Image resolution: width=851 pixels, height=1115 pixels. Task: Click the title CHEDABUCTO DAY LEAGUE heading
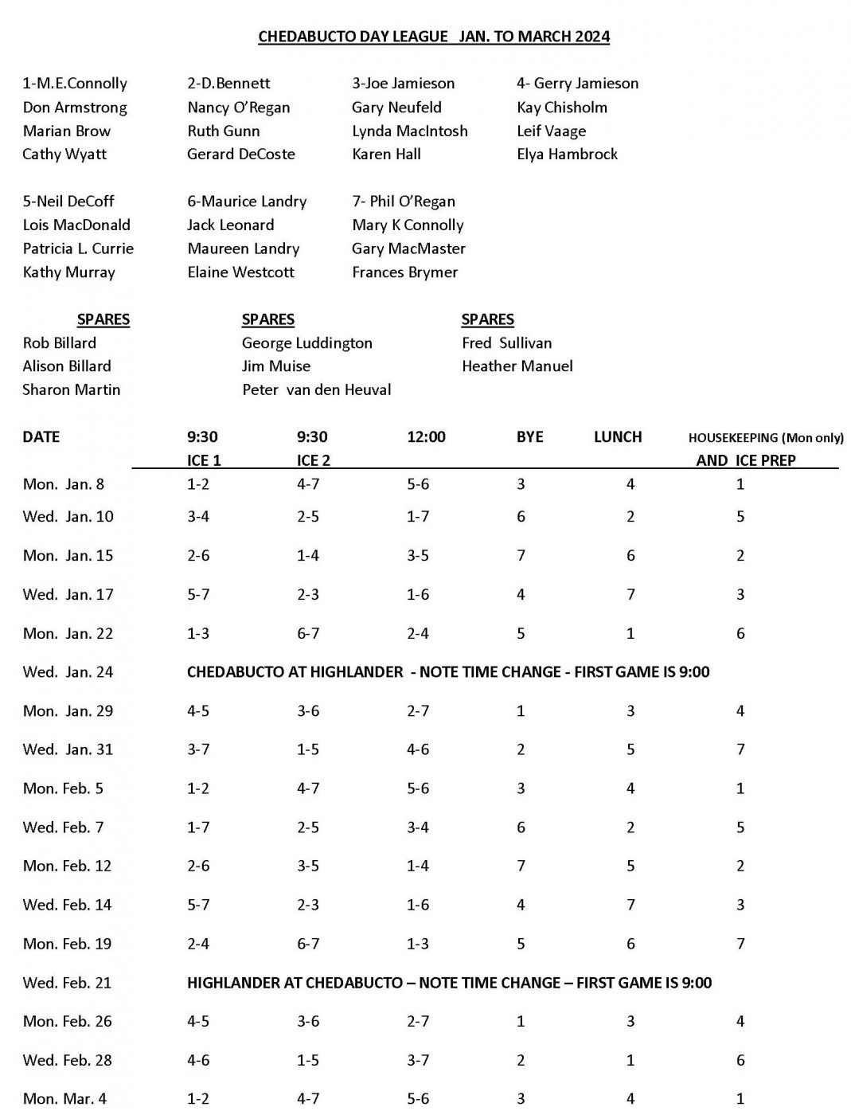(x=434, y=37)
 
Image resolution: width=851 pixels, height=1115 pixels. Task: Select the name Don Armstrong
(x=75, y=108)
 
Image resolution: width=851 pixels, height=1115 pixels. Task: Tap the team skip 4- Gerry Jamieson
(x=577, y=84)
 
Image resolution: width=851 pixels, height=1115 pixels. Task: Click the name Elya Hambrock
(x=567, y=155)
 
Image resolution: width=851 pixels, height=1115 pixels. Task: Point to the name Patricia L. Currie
(x=78, y=248)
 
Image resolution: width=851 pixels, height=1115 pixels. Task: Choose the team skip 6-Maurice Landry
(x=247, y=201)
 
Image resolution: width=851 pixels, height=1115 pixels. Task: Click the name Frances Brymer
(x=404, y=272)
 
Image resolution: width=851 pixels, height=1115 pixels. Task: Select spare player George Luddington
(x=306, y=343)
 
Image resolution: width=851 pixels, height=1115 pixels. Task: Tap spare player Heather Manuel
(x=517, y=366)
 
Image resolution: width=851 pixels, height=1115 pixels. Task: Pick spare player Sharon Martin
(x=72, y=389)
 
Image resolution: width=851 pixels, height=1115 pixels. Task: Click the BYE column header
(x=529, y=437)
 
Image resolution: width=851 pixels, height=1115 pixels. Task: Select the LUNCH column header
(x=617, y=437)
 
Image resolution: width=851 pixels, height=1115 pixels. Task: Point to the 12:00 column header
(x=426, y=437)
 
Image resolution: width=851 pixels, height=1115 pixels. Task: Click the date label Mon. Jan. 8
(x=64, y=484)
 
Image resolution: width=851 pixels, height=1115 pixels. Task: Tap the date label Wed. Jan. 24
(x=68, y=672)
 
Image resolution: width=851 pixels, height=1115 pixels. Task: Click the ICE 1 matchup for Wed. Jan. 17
(x=198, y=594)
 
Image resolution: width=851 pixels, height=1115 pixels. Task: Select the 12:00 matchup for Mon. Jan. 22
(x=418, y=634)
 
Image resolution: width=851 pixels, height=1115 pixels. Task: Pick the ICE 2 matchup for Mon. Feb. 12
(x=308, y=866)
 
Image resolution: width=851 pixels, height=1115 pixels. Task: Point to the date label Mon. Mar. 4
(x=64, y=1099)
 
